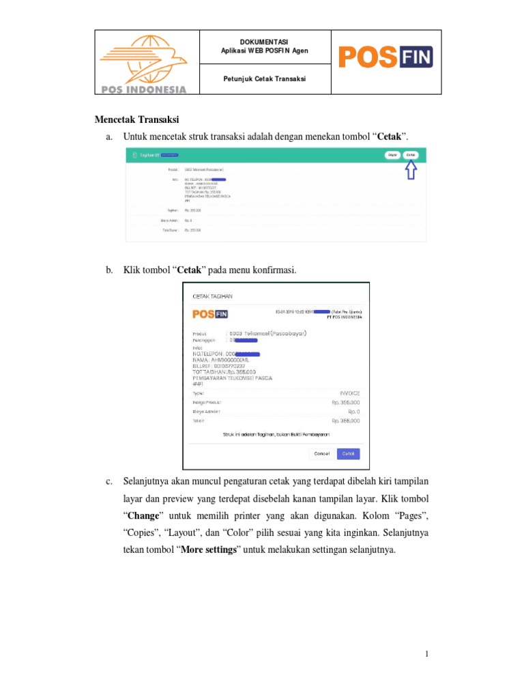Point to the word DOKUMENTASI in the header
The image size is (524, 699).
click(x=264, y=42)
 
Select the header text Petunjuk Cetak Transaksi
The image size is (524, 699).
click(x=264, y=79)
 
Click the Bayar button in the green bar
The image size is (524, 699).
click(x=392, y=155)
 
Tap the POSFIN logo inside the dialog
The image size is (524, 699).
click(x=210, y=314)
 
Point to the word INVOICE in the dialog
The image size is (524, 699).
click(x=349, y=393)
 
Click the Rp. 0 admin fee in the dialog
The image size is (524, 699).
click(x=353, y=412)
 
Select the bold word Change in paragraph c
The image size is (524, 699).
click(x=144, y=513)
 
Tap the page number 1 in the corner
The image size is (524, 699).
click(x=427, y=655)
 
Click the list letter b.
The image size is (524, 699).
click(x=108, y=270)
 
